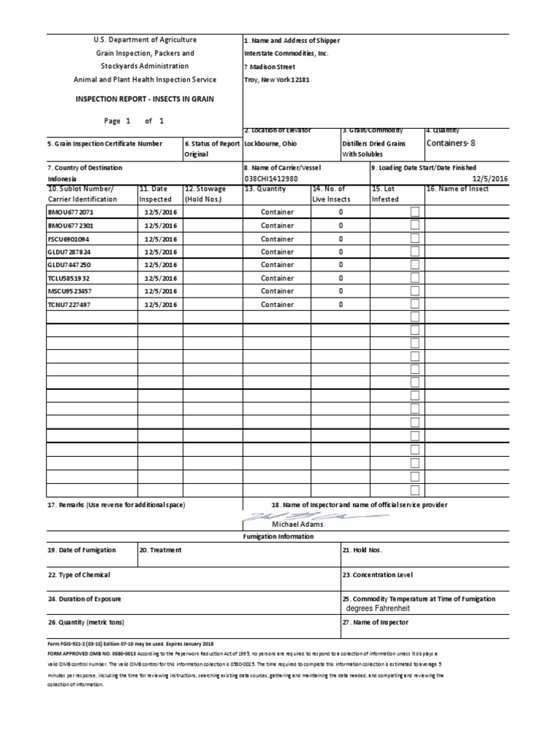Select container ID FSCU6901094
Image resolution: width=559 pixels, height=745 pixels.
[x=69, y=239]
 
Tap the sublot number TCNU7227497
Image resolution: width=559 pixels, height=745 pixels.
[x=70, y=305]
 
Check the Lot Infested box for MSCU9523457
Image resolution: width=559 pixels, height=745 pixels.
[x=415, y=292]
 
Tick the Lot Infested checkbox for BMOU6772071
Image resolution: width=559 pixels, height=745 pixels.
[x=415, y=212]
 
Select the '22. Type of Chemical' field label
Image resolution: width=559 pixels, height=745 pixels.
[x=79, y=575]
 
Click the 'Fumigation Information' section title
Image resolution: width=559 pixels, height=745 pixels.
[x=279, y=536]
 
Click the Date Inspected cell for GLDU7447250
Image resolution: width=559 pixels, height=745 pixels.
[x=159, y=266]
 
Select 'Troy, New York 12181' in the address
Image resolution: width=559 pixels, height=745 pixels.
[x=277, y=80]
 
